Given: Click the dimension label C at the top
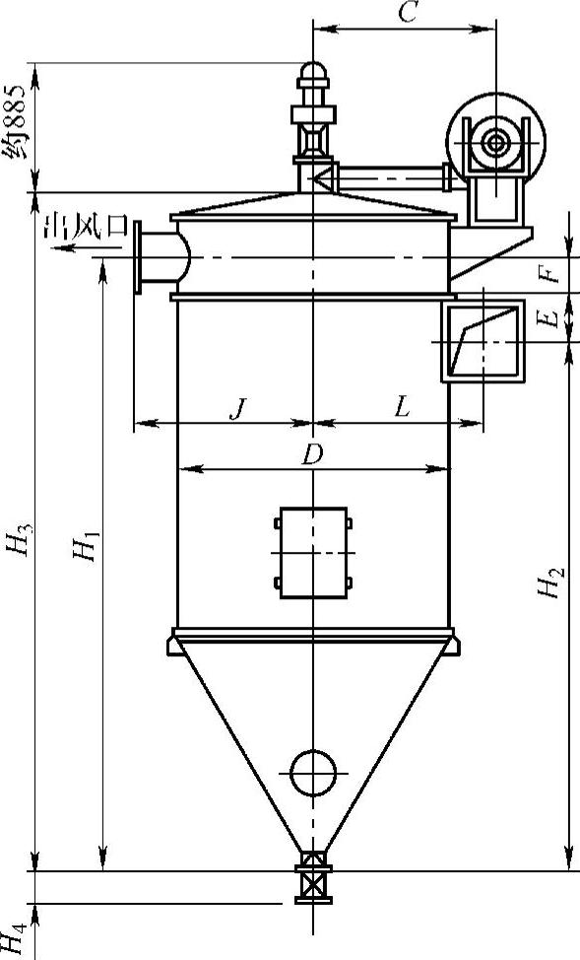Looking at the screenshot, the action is click(x=408, y=12).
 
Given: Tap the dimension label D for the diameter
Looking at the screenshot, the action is click(x=312, y=454).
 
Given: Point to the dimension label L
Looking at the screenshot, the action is click(x=402, y=408).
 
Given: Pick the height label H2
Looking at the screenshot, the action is click(x=550, y=583).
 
